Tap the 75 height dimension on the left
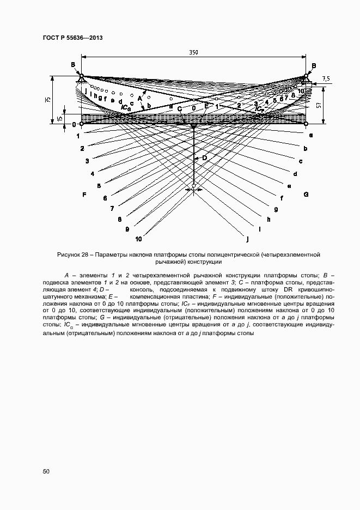[48, 100]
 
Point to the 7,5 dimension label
[326, 79]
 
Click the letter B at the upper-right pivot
[314, 65]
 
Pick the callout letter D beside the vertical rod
[205, 157]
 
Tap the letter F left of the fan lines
[84, 195]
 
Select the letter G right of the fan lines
[306, 194]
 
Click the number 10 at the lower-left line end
[138, 239]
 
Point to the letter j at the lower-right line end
[247, 238]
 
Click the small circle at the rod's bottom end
[194, 189]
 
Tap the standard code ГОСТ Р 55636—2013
[72, 38]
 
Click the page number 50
[46, 471]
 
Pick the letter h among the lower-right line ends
[269, 219]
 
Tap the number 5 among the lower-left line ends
[99, 186]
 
